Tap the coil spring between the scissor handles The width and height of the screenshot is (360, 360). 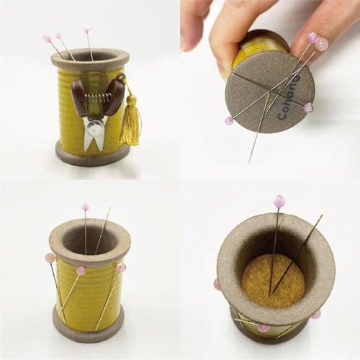[x=96, y=98]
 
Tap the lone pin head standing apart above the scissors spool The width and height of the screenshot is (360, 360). [x=86, y=30]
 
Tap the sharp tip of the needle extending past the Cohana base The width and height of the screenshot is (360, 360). [x=249, y=163]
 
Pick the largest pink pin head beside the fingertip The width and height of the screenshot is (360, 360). [x=322, y=44]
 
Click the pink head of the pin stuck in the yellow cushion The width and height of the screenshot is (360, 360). [x=279, y=200]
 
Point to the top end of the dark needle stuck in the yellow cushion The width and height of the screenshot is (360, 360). [x=322, y=215]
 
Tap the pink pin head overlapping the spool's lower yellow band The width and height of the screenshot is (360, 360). [x=262, y=328]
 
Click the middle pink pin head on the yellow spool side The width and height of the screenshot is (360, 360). [x=81, y=271]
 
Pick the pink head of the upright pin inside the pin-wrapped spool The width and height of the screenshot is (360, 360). [x=86, y=207]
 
